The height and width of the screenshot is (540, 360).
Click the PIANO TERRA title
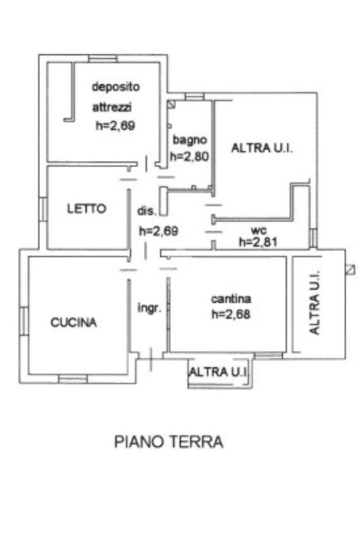(169, 441)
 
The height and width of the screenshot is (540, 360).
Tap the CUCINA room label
(74, 323)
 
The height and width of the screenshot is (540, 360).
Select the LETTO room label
(86, 208)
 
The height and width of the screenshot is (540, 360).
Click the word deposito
(116, 86)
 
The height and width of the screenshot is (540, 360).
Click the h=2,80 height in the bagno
(190, 157)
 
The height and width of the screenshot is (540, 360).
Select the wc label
(258, 231)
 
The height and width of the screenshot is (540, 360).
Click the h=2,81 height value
(258, 242)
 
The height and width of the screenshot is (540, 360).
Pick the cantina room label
(231, 299)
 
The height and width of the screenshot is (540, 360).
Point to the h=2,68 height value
(230, 314)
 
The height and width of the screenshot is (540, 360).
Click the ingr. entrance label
(149, 308)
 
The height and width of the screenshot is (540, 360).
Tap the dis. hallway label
(147, 211)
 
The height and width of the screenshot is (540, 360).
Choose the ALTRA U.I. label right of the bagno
(262, 148)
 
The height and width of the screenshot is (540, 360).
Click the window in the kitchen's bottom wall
(73, 378)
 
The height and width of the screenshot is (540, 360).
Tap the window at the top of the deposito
(103, 59)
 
